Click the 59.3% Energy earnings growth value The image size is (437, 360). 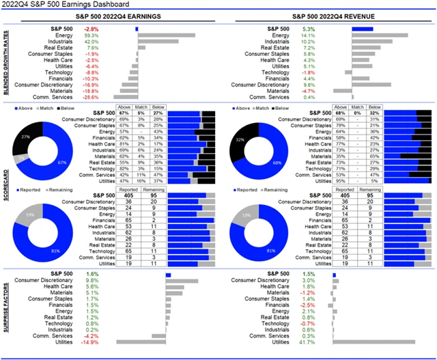pos(92,35)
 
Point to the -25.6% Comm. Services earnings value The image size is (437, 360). pos(91,97)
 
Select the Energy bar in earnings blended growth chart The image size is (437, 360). pos(166,35)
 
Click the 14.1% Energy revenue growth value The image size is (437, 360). pos(309,35)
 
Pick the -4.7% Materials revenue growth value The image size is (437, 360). pos(309,90)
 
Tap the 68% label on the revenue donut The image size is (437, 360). pos(276,163)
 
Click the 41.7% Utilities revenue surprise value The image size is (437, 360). pos(309,342)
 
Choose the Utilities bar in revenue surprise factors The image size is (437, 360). pos(374,342)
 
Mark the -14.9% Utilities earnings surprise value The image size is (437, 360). pos(91,342)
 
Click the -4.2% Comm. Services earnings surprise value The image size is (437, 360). pos(91,335)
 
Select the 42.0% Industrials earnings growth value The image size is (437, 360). pos(92,41)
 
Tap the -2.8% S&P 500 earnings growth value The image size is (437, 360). pos(91,29)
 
